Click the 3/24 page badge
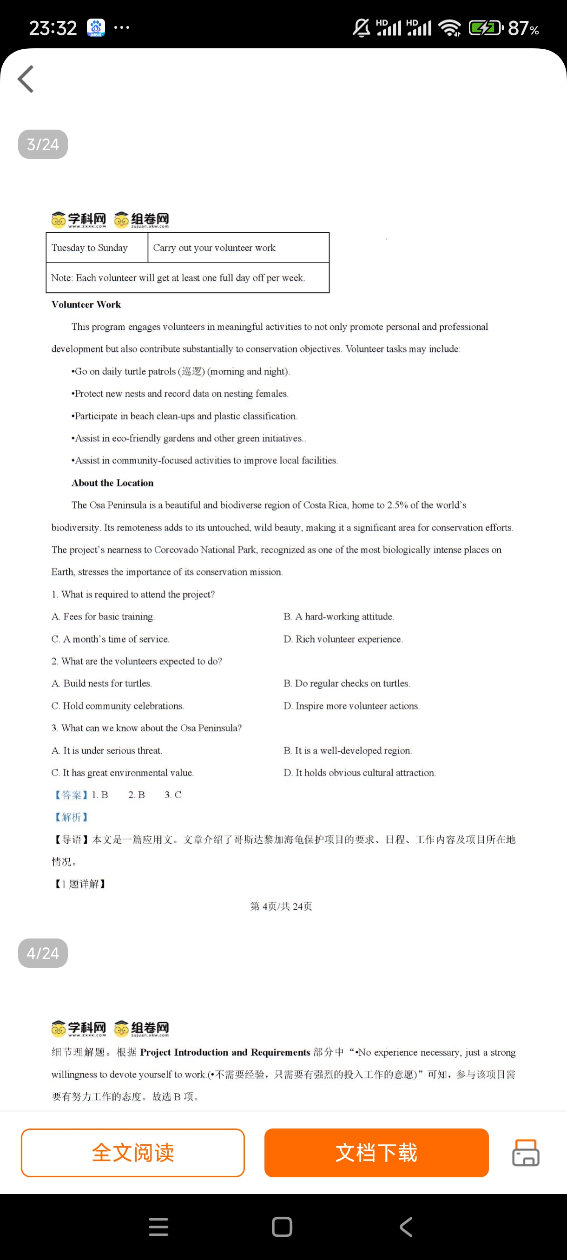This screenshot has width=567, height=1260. click(43, 144)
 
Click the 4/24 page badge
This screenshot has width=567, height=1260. click(43, 953)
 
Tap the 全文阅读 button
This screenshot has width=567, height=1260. click(132, 1152)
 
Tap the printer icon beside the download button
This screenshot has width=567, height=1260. click(526, 1152)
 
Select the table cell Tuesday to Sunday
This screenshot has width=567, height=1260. click(90, 248)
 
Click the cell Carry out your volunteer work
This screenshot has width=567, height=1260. click(214, 248)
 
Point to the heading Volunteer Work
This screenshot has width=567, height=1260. click(86, 304)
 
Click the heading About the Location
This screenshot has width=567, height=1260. click(112, 483)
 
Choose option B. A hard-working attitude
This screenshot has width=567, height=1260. click(338, 617)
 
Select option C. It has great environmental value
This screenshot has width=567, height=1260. click(122, 772)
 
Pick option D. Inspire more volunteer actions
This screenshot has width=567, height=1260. click(351, 706)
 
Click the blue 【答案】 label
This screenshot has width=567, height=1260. click(72, 795)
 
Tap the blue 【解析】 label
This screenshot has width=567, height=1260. click(72, 817)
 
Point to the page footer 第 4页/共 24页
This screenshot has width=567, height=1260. click(281, 906)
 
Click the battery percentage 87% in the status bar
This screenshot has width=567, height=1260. click(523, 28)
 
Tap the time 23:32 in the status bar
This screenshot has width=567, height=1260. click(53, 28)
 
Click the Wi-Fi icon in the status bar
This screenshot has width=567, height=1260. click(449, 28)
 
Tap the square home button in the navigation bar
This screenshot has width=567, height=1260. click(282, 1227)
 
